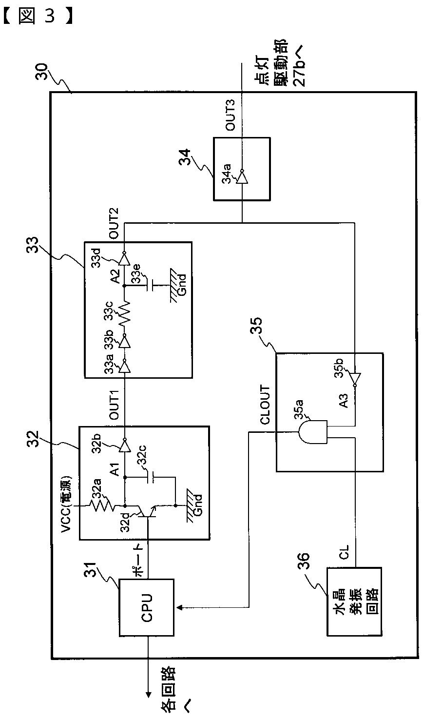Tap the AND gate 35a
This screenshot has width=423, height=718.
pos(312,432)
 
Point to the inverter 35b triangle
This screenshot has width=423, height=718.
pos(355,379)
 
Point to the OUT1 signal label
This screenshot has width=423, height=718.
pos(114,405)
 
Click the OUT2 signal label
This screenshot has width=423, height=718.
pos(114,223)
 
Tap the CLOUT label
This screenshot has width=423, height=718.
pos(266,405)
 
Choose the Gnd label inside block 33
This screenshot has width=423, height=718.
pos(182,284)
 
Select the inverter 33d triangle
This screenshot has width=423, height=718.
pos(124,259)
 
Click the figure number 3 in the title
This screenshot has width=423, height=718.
pos(50,16)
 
